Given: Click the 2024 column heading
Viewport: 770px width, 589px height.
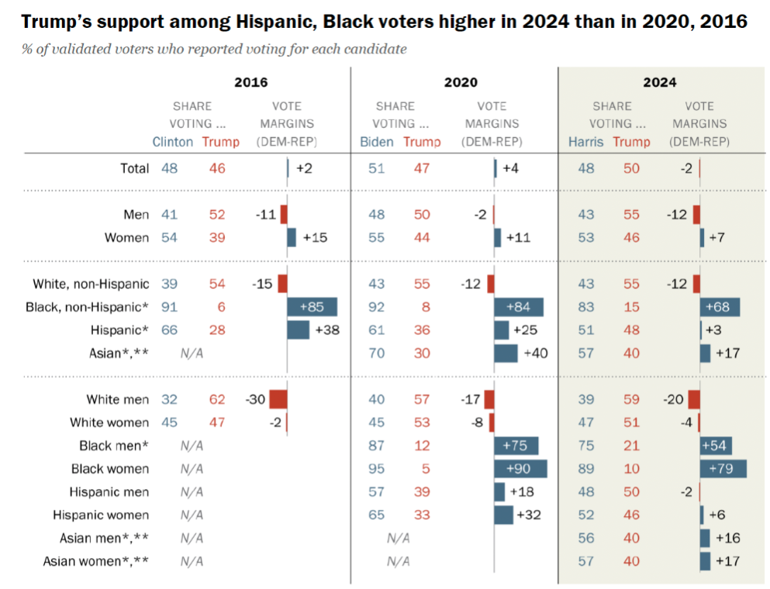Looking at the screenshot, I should point(659,82).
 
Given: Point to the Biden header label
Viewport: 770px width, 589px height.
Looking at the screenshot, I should point(377,142).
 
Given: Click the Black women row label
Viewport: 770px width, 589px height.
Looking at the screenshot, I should point(110,469).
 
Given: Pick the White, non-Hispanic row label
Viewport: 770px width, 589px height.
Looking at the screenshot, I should point(91,284).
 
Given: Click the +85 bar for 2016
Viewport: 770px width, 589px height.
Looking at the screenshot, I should point(312,307).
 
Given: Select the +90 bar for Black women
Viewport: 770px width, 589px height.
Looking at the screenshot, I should point(520,469).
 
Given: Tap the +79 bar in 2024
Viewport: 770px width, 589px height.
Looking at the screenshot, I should point(723,469).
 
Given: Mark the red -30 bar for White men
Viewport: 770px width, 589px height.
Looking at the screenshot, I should point(278,399).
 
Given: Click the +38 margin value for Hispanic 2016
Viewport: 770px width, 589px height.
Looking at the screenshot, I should point(329,330).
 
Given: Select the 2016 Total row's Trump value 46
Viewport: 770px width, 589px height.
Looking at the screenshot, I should point(217,167).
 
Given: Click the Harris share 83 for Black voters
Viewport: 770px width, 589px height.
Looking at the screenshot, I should point(586,307).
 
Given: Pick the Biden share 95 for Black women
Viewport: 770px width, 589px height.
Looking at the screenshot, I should point(377,469).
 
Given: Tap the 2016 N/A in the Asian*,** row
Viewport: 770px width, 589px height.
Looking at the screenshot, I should point(192,353).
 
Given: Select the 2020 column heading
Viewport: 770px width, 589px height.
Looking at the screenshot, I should point(461,82).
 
